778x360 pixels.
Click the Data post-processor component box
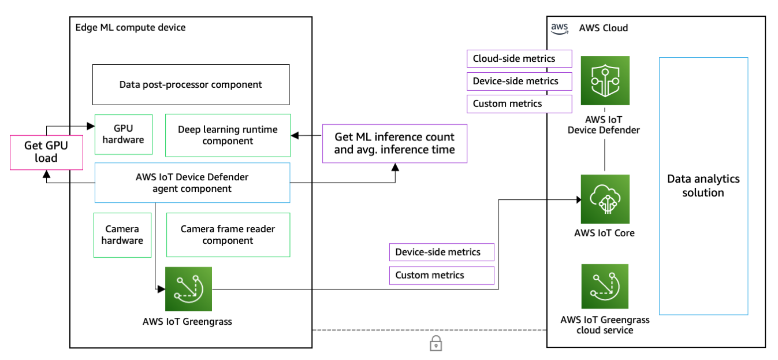(x=191, y=84)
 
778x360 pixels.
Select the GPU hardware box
(x=124, y=135)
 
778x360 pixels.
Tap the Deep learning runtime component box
(x=228, y=135)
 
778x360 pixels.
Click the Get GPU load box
(x=46, y=152)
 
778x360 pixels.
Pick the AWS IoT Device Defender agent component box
(x=192, y=183)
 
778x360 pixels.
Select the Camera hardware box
(x=122, y=235)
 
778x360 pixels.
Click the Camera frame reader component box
(x=228, y=235)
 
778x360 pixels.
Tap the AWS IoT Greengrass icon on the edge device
(x=188, y=290)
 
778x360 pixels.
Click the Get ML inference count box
(x=394, y=143)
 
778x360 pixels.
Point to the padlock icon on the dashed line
(x=435, y=344)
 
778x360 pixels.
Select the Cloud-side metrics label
(x=519, y=58)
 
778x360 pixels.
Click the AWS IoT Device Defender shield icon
(x=605, y=80)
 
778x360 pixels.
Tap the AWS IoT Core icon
(x=605, y=199)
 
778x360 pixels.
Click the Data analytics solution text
(x=703, y=185)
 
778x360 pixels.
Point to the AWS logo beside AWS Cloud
(x=559, y=28)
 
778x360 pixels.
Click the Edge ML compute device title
(x=131, y=28)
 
